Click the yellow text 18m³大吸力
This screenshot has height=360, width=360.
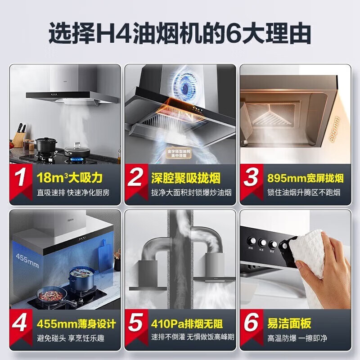(x=70, y=178)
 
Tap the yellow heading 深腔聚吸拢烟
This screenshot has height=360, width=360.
(x=185, y=178)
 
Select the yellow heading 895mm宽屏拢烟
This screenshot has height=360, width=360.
(x=301, y=178)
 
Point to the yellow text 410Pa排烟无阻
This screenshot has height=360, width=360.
(x=187, y=324)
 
